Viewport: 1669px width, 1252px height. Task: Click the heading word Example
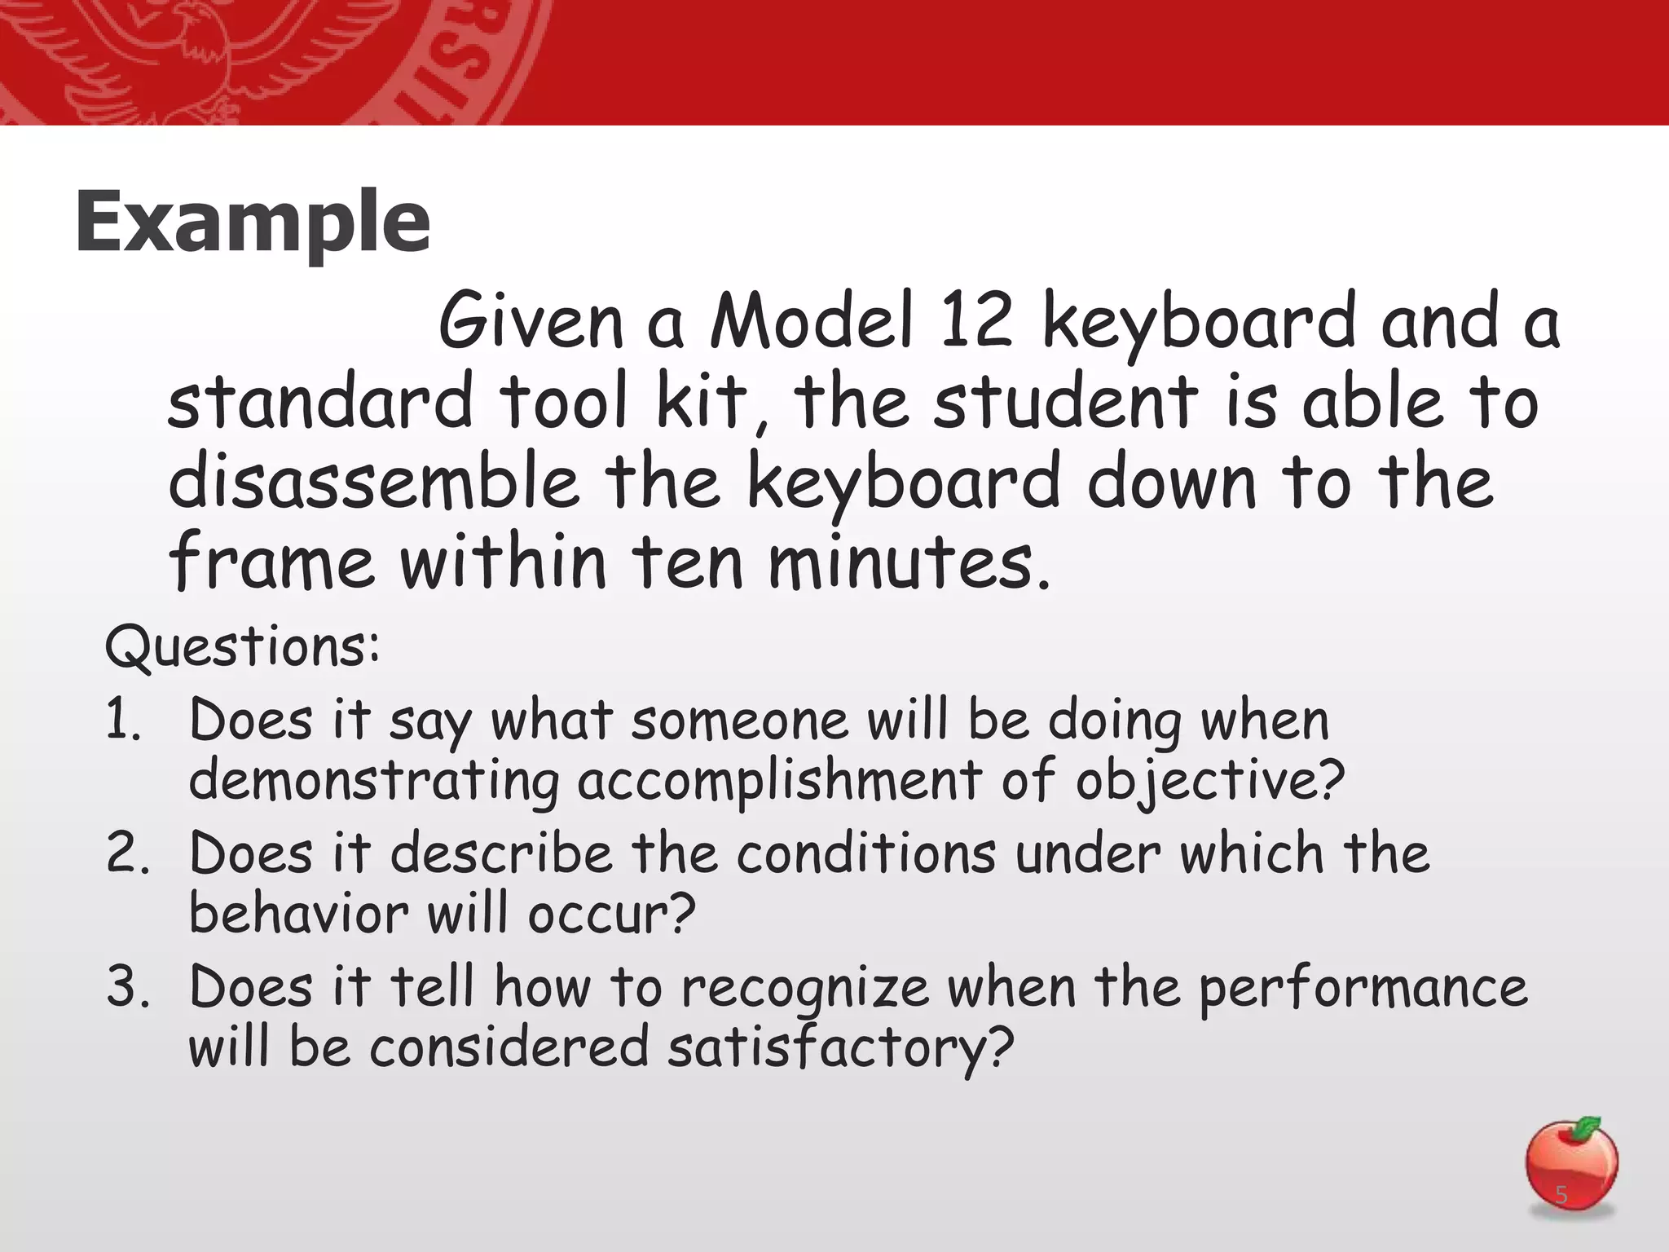tap(253, 222)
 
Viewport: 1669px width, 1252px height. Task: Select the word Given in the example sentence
tap(531, 321)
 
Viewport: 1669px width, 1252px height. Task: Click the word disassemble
tap(373, 482)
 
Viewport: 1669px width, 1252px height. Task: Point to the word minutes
tap(909, 562)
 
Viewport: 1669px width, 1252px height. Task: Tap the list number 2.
tap(127, 853)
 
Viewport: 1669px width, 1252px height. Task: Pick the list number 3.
tap(127, 987)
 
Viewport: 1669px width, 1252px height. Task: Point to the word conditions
tap(866, 853)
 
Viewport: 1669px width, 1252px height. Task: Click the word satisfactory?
tap(840, 1048)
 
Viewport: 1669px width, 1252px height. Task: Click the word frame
tap(272, 562)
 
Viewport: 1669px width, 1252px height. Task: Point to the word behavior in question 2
tap(297, 914)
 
